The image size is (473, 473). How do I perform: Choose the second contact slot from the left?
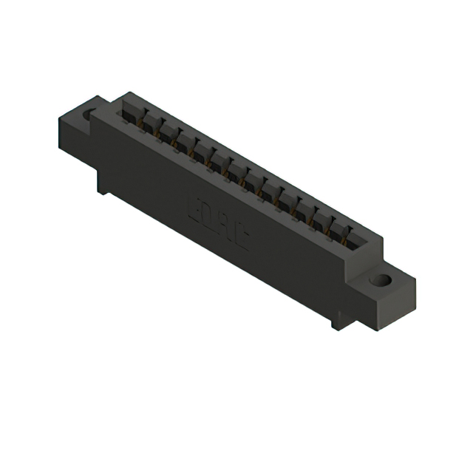pos(149,122)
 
